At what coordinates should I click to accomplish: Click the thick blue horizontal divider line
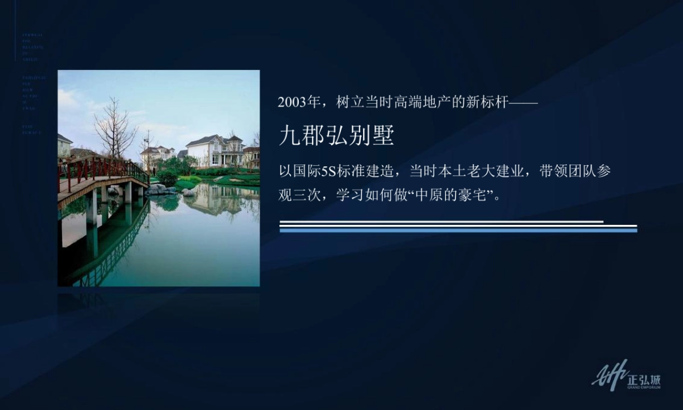(x=458, y=230)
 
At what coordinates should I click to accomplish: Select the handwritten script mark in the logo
(x=610, y=374)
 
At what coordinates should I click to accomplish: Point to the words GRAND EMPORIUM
(x=644, y=387)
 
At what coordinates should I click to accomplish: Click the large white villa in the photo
(x=214, y=150)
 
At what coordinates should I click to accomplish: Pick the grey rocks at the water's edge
(x=159, y=190)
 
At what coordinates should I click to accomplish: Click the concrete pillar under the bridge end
(x=128, y=192)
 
